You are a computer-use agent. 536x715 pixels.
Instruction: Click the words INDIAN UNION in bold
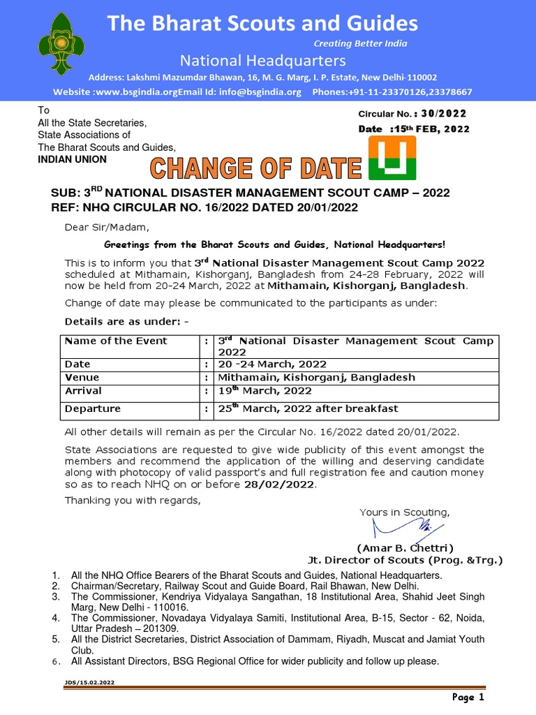click(72, 159)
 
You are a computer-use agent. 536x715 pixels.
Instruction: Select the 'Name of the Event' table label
click(116, 341)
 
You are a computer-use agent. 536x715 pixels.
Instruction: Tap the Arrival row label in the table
click(83, 390)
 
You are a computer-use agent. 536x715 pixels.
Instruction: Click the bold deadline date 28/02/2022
click(279, 485)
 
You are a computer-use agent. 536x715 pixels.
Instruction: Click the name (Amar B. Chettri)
click(405, 548)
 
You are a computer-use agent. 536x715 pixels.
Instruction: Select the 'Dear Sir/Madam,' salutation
click(107, 228)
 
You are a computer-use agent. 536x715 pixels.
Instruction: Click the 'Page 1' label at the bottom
click(467, 697)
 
